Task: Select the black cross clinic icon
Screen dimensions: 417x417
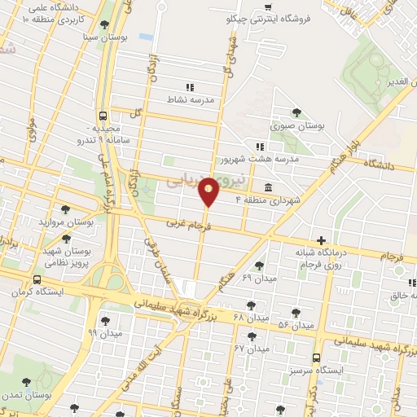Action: pyautogui.click(x=322, y=240)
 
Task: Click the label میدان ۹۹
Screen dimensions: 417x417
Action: pyautogui.click(x=104, y=333)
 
